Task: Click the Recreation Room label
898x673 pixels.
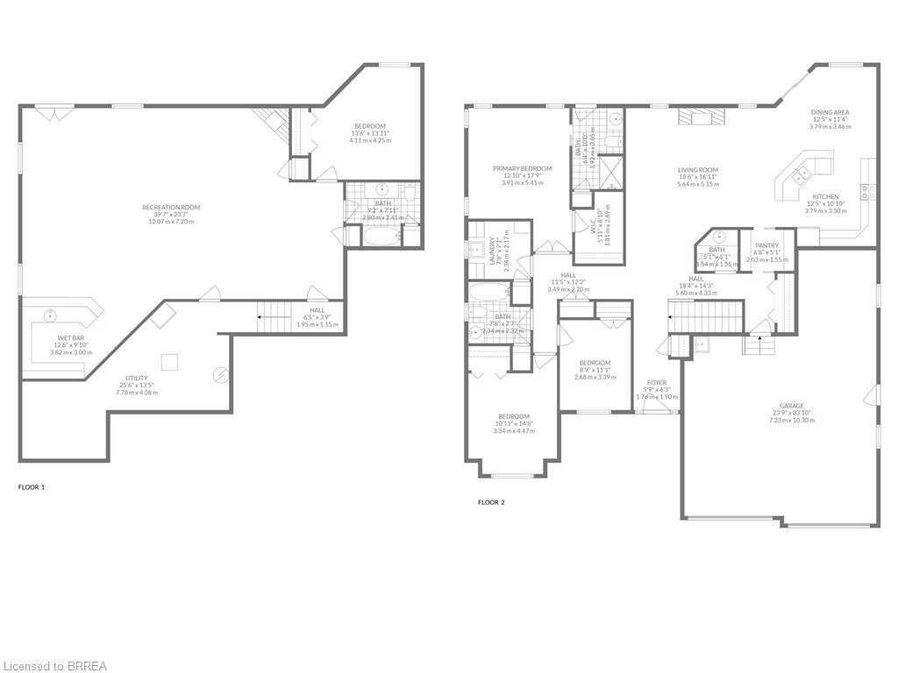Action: point(171,208)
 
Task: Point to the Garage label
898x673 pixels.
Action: point(791,406)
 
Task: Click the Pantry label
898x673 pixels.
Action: point(767,249)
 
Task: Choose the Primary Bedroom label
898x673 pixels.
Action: point(522,168)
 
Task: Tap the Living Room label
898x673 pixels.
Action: point(697,170)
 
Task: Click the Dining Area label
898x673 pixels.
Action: point(829,112)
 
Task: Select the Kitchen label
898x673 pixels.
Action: point(825,196)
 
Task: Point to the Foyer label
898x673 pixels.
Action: point(657,382)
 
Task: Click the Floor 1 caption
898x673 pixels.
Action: point(32,486)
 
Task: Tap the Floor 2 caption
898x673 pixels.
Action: point(491,502)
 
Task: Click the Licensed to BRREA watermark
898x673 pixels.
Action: point(54,666)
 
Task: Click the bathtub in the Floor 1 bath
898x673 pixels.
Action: point(379,235)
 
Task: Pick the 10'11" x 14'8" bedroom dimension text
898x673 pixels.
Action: point(514,423)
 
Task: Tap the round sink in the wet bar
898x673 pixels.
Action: point(51,314)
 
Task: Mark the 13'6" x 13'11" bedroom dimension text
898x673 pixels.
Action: point(369,133)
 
